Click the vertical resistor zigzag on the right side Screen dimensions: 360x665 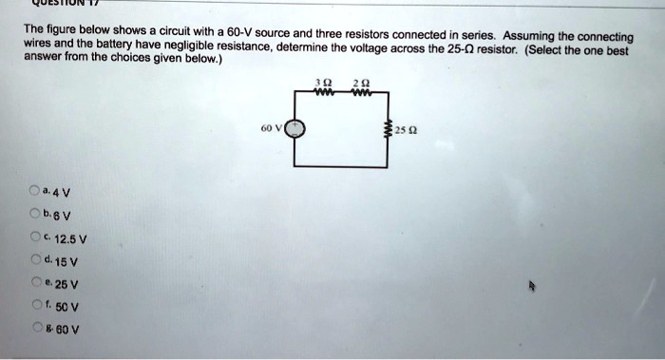[x=385, y=129]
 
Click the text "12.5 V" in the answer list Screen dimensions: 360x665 [x=70, y=240]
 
